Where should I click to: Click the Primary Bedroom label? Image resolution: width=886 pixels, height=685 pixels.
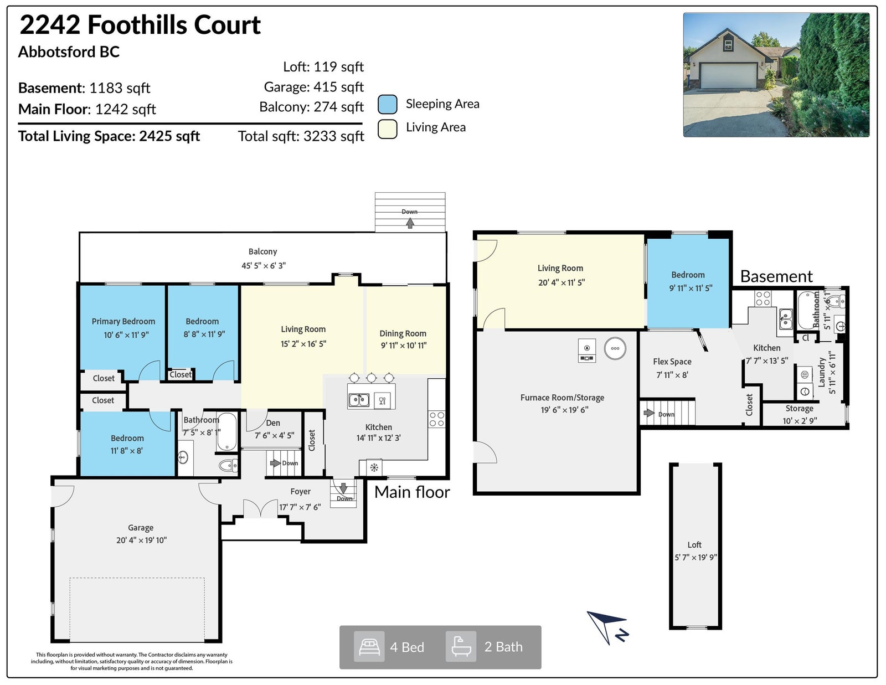click(x=123, y=321)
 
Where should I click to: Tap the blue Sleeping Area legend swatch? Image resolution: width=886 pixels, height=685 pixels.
click(x=387, y=104)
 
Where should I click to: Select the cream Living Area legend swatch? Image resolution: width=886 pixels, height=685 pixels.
click(x=387, y=129)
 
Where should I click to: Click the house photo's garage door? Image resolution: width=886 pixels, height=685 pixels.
click(x=728, y=75)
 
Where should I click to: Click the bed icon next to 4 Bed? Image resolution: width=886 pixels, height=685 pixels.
click(x=369, y=647)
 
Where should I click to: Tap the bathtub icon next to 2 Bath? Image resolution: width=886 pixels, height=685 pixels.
click(x=461, y=647)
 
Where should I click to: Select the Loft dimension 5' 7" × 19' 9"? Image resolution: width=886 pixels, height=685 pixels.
click(x=696, y=558)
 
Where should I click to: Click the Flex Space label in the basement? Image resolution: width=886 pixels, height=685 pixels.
click(x=672, y=362)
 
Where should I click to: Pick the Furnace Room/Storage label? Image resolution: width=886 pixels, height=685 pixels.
click(x=562, y=398)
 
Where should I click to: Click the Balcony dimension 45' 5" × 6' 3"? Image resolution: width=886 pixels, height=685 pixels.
click(x=264, y=266)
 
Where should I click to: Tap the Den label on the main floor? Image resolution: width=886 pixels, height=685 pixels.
click(x=273, y=423)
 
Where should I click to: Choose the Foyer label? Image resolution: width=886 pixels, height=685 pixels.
click(x=301, y=492)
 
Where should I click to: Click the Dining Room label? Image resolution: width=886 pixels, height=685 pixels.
click(x=403, y=333)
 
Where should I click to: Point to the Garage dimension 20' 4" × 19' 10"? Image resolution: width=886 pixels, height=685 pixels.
click(x=141, y=540)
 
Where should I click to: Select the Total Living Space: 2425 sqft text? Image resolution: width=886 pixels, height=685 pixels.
click(x=109, y=136)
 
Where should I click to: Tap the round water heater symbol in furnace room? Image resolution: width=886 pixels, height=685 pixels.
click(x=615, y=348)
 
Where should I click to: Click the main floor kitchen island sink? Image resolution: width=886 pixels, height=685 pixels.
click(x=359, y=400)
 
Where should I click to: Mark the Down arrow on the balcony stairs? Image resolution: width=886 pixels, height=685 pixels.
click(x=410, y=223)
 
